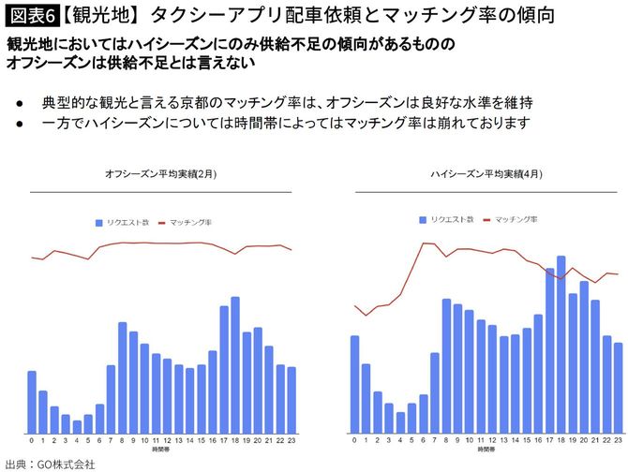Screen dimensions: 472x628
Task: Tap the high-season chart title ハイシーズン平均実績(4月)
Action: (x=486, y=174)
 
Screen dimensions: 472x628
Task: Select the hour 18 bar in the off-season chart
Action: (x=235, y=366)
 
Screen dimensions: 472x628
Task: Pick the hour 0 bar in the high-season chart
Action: (x=355, y=384)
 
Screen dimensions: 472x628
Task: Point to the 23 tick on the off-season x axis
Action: (x=292, y=440)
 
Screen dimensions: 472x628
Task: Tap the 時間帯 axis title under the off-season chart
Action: (x=161, y=450)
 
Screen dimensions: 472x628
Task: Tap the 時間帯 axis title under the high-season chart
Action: (x=486, y=450)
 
